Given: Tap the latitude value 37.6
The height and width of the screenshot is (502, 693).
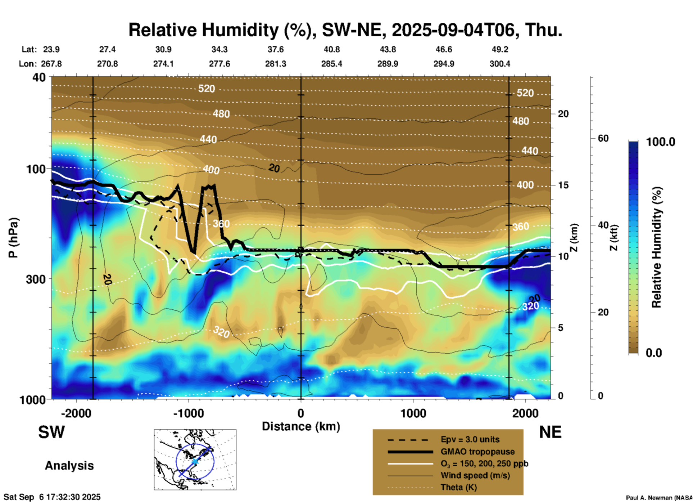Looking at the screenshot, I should (275, 49).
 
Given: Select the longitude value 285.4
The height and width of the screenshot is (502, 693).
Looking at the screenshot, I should (331, 64).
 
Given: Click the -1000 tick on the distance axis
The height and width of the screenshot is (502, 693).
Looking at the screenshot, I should (189, 413).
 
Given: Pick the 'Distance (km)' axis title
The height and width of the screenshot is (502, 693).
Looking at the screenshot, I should (301, 426).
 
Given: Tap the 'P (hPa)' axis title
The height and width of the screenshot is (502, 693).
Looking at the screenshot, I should (13, 238).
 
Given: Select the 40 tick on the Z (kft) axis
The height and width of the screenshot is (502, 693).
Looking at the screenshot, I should (603, 225).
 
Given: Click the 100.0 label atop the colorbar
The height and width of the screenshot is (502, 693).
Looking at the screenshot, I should (661, 142).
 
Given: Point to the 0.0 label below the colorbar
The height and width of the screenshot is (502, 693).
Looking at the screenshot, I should (654, 353).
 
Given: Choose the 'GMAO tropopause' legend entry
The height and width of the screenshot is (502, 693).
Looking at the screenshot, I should (477, 452).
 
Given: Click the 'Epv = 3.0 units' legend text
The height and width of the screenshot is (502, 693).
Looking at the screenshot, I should (470, 440).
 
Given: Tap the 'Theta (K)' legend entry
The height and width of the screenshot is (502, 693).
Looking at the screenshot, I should (458, 487).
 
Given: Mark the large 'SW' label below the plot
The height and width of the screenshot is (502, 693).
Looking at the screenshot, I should (51, 432).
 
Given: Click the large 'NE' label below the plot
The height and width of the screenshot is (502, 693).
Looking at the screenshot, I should (550, 432).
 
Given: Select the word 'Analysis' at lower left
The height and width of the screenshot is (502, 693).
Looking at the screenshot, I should (69, 466).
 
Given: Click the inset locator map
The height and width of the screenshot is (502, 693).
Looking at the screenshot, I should (195, 460).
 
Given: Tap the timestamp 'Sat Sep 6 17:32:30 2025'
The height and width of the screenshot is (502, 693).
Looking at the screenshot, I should (52, 497).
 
